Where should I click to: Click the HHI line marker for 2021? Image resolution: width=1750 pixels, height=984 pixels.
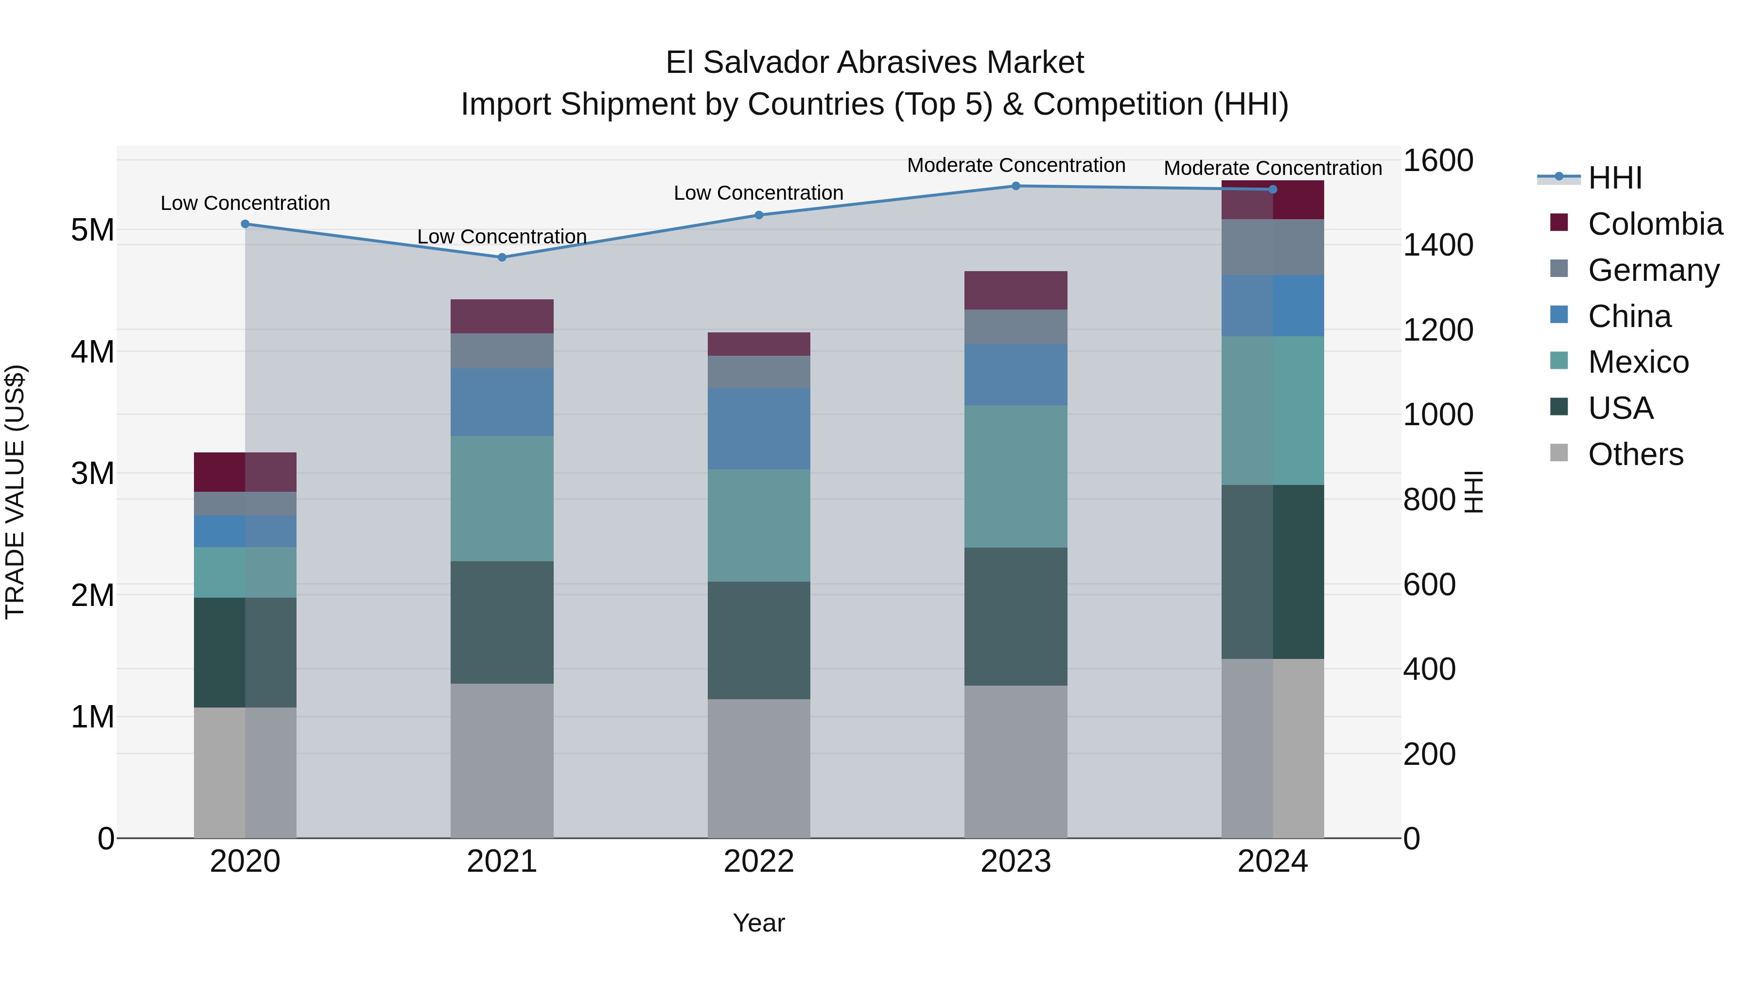point(502,258)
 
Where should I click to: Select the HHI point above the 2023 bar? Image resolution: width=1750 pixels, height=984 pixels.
point(1015,186)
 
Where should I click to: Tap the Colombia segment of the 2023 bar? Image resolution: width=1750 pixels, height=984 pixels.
point(1015,291)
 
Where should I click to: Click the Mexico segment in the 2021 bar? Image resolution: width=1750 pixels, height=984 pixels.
point(502,499)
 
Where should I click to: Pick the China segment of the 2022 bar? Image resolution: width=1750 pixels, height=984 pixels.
point(759,429)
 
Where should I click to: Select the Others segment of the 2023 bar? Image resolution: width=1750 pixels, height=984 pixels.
point(1015,761)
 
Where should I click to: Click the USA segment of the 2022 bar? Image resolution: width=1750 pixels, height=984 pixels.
point(759,640)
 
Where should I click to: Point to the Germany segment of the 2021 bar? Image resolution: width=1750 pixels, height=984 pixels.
point(502,351)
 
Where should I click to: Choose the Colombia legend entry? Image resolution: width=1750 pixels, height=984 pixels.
point(1655,224)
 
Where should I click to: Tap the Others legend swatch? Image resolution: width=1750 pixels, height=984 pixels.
point(1559,453)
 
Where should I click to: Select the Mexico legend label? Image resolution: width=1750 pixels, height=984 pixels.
point(1638,362)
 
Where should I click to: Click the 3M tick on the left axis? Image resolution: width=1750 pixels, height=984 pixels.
point(92,473)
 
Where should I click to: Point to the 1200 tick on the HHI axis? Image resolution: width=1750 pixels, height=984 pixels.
point(1437,330)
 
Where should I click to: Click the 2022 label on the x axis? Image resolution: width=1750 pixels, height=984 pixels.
point(759,862)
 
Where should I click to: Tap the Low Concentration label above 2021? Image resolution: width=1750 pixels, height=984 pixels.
point(502,236)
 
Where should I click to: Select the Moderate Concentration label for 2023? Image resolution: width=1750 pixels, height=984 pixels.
point(1015,165)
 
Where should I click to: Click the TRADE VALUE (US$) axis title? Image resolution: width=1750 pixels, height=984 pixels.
point(15,492)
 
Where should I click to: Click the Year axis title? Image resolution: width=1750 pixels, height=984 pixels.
point(759,923)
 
